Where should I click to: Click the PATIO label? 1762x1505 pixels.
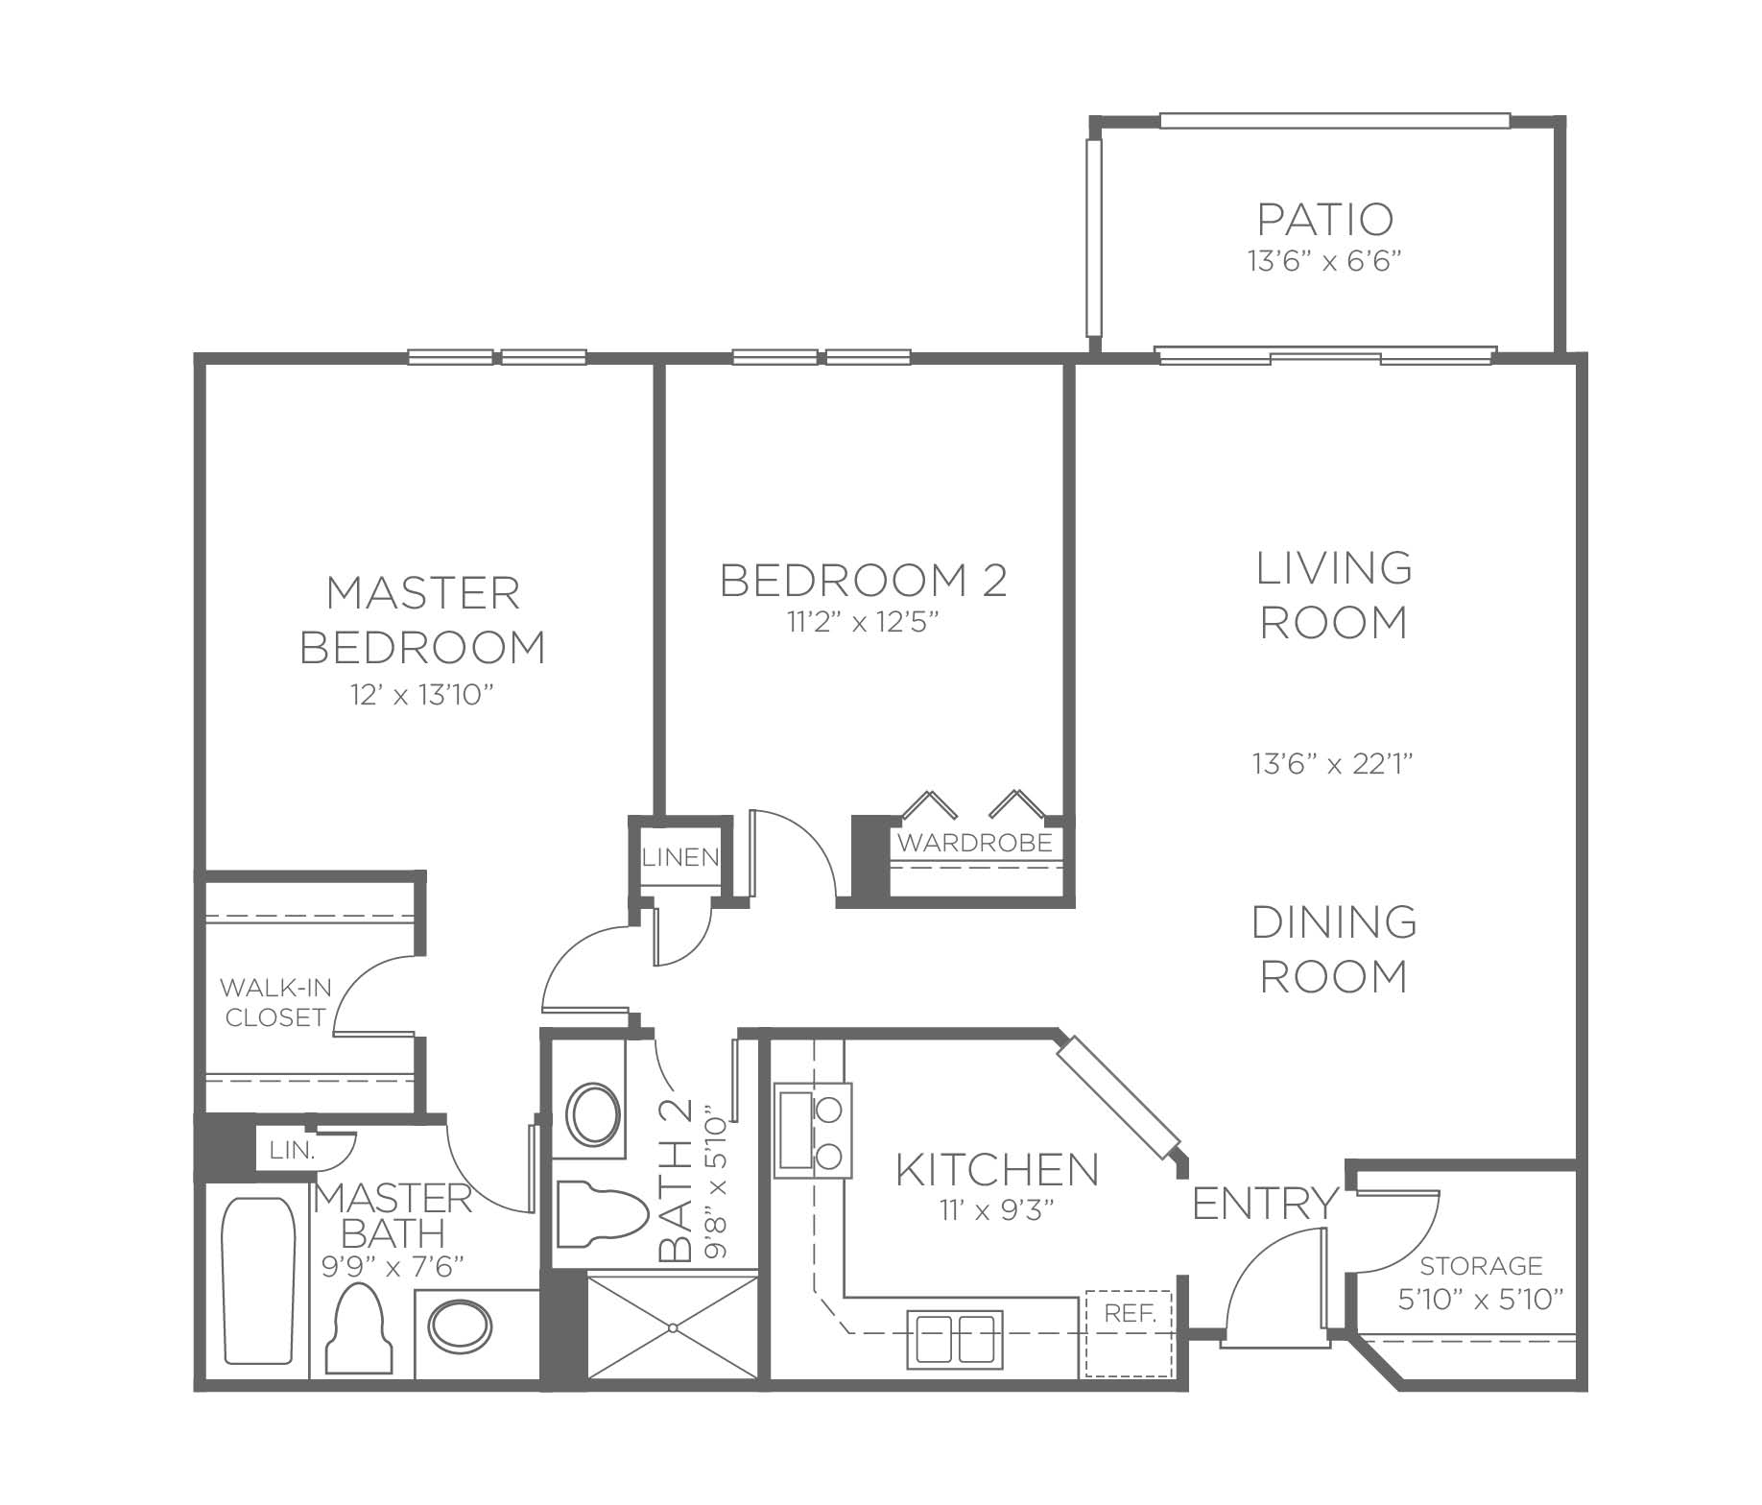1324,219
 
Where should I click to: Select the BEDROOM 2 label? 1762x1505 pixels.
864,581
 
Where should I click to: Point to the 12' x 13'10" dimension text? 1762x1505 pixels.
422,695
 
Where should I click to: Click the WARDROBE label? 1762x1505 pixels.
974,844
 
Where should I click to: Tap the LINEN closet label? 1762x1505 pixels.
680,857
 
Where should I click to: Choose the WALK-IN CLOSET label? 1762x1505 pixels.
274,1002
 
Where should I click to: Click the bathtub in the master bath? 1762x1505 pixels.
257,1280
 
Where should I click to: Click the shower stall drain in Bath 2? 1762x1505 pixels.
674,1327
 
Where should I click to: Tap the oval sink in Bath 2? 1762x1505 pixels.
593,1113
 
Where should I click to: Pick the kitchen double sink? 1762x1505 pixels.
955,1340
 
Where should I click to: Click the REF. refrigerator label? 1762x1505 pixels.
1130,1313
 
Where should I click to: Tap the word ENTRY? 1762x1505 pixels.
1265,1203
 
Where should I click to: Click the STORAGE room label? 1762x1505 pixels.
1482,1266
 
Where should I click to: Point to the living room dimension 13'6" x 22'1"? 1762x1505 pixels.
1333,764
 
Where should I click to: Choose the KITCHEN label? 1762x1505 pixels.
997,1170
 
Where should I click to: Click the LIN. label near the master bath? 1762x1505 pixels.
292,1151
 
